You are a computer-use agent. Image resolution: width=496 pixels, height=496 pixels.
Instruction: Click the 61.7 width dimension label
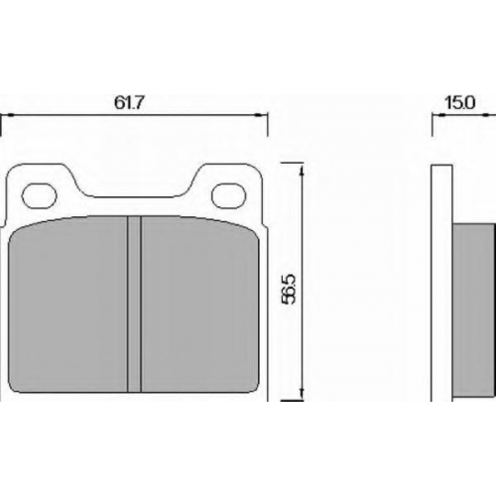(129, 103)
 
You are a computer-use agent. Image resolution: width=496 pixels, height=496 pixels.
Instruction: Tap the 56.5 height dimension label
(288, 289)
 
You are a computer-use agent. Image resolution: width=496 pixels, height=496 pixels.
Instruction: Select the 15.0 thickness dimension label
(460, 103)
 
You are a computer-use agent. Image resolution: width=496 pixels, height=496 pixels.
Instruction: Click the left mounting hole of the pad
(40, 195)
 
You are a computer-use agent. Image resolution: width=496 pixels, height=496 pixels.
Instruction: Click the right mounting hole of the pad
(229, 195)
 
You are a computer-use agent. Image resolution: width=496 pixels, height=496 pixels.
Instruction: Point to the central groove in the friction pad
(134, 305)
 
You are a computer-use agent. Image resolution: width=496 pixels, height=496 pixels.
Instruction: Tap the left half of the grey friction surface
(67, 305)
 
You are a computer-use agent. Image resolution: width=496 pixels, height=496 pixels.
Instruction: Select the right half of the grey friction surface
(200, 305)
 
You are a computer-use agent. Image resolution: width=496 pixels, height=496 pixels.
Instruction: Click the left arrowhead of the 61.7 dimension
(8, 115)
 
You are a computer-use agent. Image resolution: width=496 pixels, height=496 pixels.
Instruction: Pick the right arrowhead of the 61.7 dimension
(261, 115)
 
